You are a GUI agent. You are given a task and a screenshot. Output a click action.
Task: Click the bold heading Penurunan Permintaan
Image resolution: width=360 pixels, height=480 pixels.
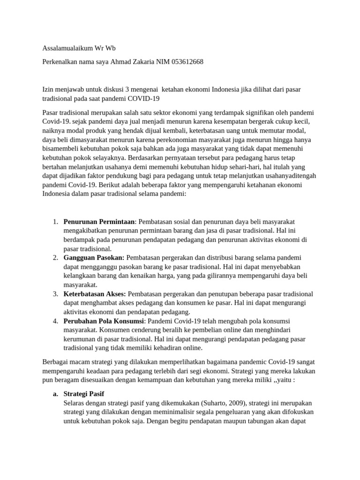[x=99, y=221]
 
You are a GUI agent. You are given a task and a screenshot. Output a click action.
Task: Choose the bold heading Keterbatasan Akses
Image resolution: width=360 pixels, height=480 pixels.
[x=95, y=294]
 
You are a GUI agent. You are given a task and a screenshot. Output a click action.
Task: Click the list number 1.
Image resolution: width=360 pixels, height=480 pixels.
[x=55, y=221]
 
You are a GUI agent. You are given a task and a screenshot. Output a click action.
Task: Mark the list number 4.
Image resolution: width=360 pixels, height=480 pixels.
[x=55, y=321]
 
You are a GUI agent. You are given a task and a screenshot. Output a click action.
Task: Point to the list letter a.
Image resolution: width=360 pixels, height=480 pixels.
[x=55, y=394]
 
